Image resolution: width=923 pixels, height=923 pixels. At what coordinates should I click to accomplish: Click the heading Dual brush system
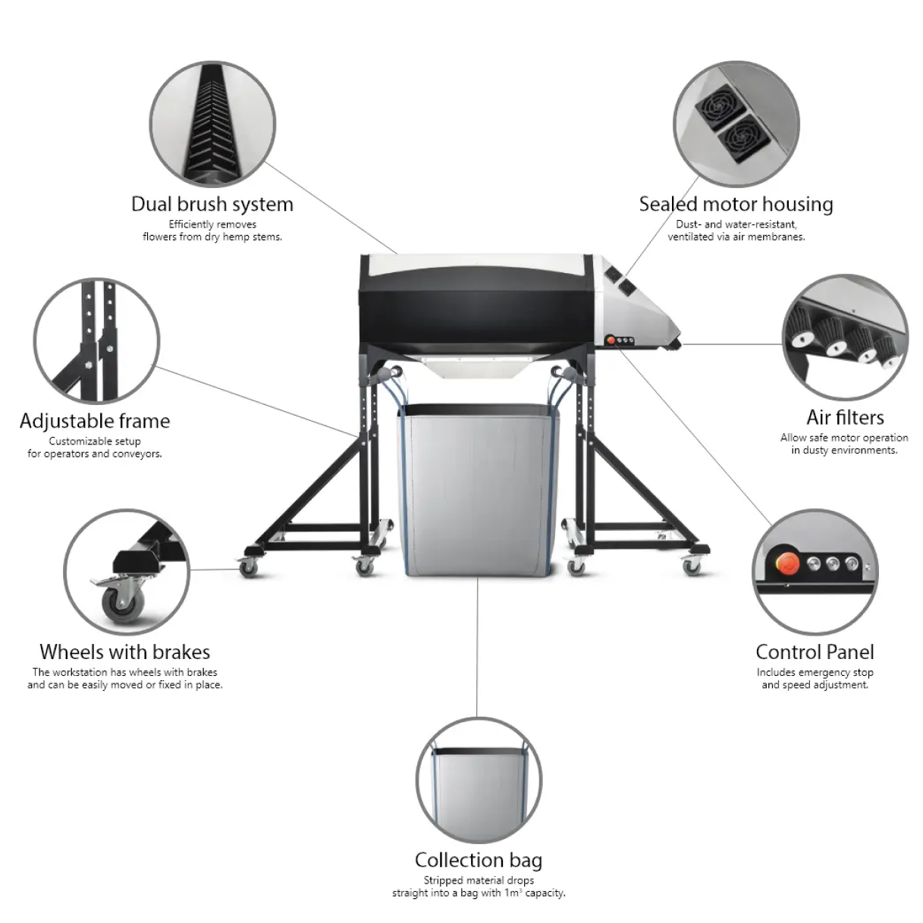(x=212, y=205)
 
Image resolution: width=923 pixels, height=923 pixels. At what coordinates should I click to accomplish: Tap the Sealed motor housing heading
(x=736, y=205)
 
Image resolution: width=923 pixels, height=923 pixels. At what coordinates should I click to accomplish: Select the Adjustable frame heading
(x=95, y=421)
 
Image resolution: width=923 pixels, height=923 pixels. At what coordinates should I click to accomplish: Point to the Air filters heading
(x=846, y=418)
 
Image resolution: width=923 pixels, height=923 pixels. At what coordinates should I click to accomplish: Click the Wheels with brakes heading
(x=125, y=652)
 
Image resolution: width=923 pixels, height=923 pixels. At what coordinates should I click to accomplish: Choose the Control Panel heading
(x=815, y=652)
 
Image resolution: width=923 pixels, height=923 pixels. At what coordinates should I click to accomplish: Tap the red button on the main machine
(x=611, y=341)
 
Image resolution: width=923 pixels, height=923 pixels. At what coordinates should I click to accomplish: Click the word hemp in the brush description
(x=234, y=237)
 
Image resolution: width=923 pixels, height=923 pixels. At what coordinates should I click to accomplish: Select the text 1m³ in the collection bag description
(x=513, y=893)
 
